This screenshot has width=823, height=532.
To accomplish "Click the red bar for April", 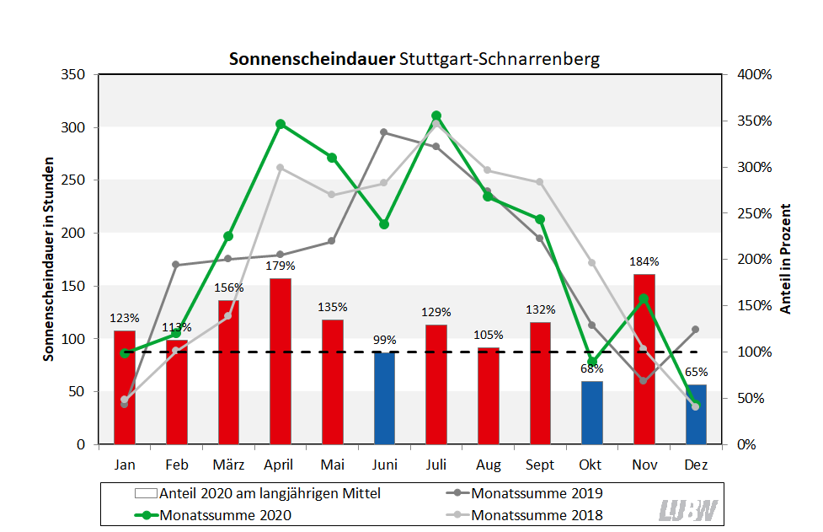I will pos(281,361).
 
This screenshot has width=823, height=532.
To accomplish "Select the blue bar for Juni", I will pos(384,398).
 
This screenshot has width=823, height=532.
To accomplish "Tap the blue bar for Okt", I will pos(592,412).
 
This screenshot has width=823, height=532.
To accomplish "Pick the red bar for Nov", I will pos(644,359).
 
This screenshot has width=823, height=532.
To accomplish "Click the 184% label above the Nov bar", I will pos(644,261).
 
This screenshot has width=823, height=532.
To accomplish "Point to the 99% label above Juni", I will pos(384,340).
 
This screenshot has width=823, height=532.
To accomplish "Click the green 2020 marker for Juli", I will pos(436,116).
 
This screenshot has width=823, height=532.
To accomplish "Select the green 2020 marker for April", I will pos(281,124).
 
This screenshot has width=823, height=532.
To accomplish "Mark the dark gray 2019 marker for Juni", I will pos(384,132).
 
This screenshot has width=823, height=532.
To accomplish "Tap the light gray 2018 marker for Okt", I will pos(592,263).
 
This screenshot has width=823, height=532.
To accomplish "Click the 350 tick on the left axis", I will pos(74,74).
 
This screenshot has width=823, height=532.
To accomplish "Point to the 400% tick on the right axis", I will pos(753,74).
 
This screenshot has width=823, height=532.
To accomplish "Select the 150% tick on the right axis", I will pos(753,305).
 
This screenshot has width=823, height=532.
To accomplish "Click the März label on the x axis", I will pos(228,465).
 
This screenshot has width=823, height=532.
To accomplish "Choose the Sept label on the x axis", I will pos(540,465).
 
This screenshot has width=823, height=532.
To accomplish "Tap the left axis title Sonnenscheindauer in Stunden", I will pos(49,259).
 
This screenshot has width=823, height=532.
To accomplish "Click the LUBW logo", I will pos(688,509).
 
